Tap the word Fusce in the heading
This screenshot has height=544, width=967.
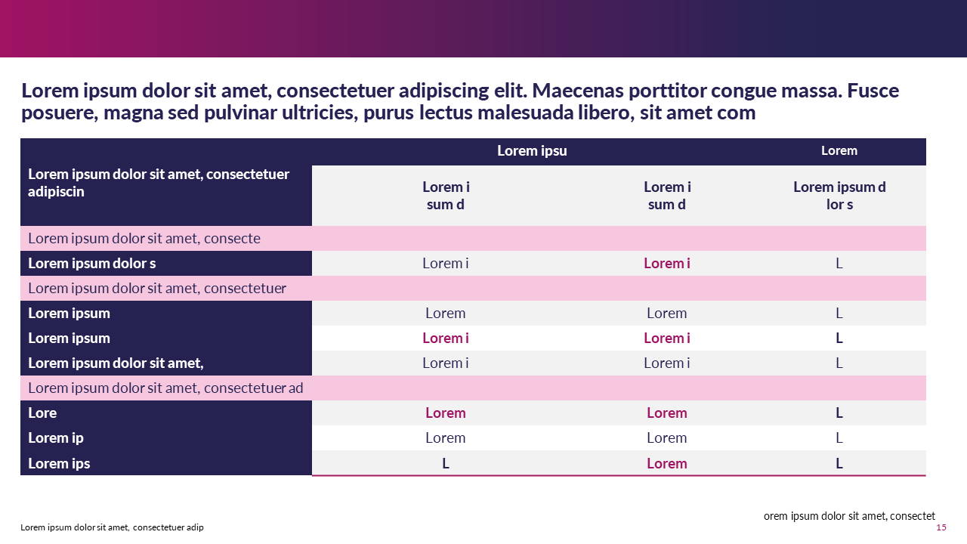point(873,91)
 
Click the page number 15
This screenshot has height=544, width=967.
point(941,527)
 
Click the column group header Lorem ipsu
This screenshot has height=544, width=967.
point(532,151)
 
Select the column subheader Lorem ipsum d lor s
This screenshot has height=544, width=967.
point(839,196)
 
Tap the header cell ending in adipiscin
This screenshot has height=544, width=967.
point(159,183)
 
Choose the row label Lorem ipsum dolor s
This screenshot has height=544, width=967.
point(92,264)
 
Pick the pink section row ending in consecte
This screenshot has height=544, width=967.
point(144,239)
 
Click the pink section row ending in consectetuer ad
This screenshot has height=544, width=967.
point(165,388)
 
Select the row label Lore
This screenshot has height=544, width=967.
point(42,413)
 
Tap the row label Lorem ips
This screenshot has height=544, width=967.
point(59,464)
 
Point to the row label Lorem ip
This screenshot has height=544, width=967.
point(56,438)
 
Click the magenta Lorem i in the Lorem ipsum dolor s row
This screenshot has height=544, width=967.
point(667,264)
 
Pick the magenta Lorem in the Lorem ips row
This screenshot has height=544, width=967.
point(667,464)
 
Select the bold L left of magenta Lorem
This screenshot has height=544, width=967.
point(446,464)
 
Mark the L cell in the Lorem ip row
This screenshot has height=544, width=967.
point(839,438)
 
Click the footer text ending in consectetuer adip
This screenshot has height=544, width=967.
point(112,527)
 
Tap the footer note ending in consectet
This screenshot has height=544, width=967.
point(849,516)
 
